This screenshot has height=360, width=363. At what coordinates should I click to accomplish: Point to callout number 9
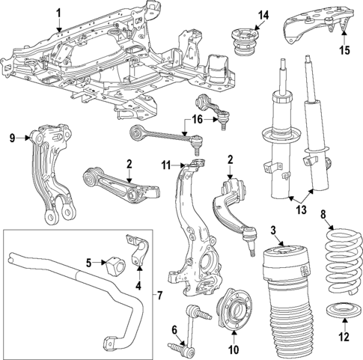(12, 137)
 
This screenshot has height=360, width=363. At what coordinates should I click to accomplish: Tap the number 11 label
(166, 163)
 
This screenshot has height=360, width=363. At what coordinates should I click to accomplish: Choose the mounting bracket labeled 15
(314, 24)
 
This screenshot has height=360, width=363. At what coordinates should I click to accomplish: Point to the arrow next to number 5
(100, 263)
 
